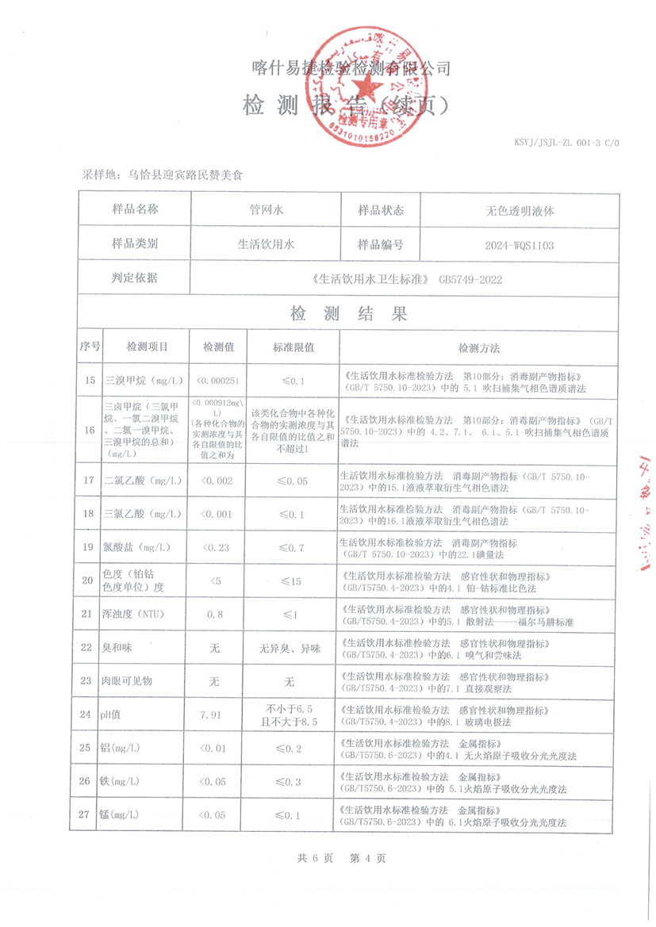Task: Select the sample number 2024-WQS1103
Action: click(x=520, y=245)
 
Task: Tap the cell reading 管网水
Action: click(x=266, y=211)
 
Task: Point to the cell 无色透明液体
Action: click(x=520, y=211)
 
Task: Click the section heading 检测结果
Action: click(x=349, y=314)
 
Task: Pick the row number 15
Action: click(x=90, y=381)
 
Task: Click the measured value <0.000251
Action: click(x=217, y=381)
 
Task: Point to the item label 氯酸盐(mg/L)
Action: click(x=137, y=547)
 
